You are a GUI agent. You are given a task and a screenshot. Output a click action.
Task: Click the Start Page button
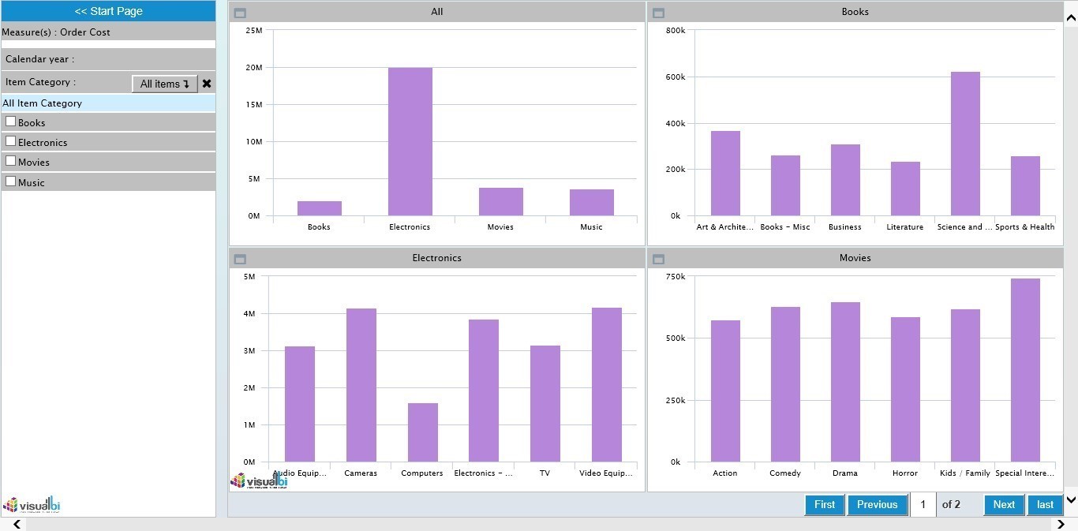click(x=108, y=11)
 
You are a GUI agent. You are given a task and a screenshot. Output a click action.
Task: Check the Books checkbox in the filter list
click(x=11, y=122)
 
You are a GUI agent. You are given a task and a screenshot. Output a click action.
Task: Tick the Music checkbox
click(x=11, y=181)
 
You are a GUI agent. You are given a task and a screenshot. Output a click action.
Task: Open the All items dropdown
click(x=164, y=84)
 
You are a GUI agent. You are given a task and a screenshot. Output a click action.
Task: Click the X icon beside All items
click(x=207, y=84)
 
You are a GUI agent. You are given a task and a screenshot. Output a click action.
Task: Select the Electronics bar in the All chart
click(x=410, y=142)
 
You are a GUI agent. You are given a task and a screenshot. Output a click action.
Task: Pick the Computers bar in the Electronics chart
click(x=422, y=432)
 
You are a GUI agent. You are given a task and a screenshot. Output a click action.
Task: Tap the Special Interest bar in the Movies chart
click(x=1025, y=370)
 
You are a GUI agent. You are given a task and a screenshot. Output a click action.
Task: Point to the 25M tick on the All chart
click(x=254, y=31)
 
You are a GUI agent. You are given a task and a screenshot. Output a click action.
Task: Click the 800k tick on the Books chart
click(x=676, y=31)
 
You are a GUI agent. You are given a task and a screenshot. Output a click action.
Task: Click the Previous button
click(x=877, y=505)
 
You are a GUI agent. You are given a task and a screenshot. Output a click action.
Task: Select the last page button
click(x=1045, y=505)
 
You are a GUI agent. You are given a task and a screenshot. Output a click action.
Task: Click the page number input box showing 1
click(x=923, y=505)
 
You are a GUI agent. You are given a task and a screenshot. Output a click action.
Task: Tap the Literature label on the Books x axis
click(x=904, y=227)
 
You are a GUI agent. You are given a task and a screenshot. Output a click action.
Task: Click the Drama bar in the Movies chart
click(x=845, y=382)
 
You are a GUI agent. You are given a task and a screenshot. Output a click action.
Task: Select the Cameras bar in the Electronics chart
click(x=361, y=385)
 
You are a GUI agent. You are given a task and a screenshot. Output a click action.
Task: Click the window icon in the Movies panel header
click(x=659, y=259)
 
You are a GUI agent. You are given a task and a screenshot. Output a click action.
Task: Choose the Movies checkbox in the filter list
click(x=11, y=161)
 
